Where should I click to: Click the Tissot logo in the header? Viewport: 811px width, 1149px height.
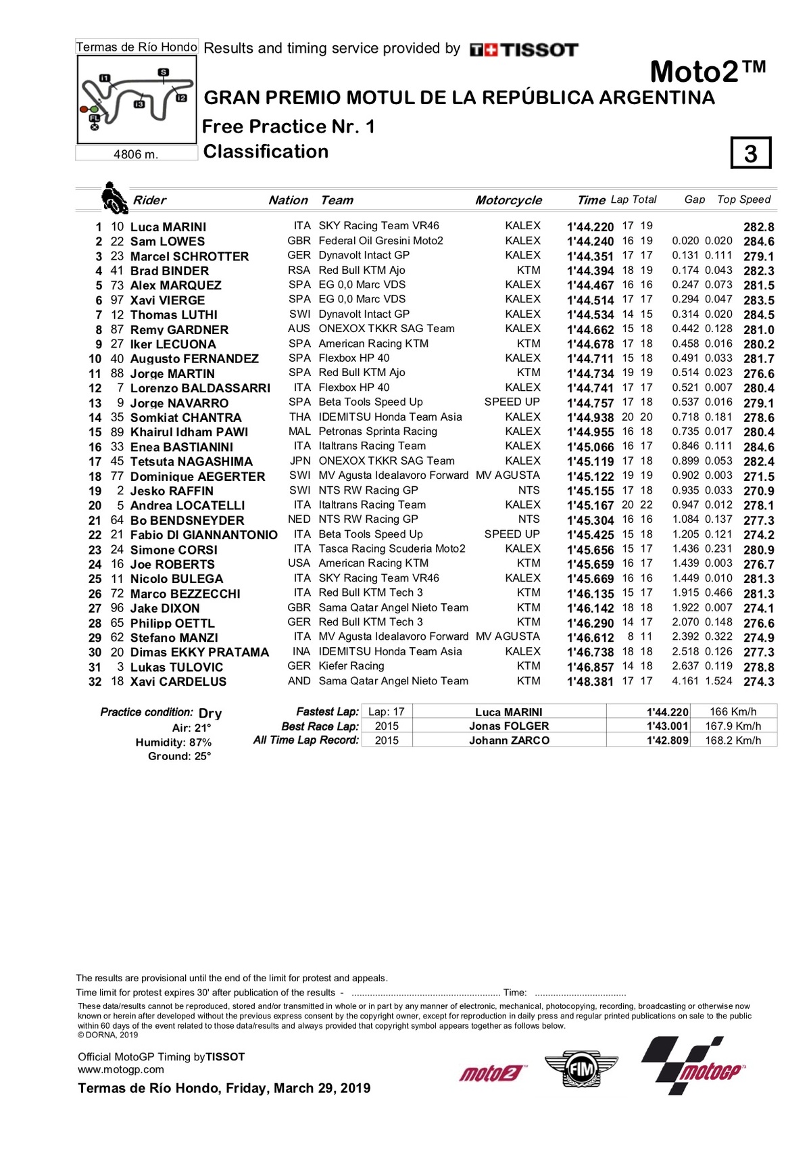click(x=524, y=49)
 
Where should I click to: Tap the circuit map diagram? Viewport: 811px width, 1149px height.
click(x=136, y=99)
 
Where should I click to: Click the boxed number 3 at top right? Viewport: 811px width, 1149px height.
click(x=751, y=153)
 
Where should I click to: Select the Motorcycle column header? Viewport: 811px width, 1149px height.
click(x=508, y=200)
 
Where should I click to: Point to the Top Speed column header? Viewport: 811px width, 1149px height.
click(x=743, y=200)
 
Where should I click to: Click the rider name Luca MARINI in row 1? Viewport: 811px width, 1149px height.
click(x=168, y=227)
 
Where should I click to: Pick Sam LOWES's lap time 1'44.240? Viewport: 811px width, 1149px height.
click(x=590, y=241)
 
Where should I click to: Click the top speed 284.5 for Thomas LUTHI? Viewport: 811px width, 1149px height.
click(x=759, y=315)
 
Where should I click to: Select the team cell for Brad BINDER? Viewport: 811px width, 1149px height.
click(x=362, y=271)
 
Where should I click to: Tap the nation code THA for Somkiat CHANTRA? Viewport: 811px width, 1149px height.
click(x=300, y=417)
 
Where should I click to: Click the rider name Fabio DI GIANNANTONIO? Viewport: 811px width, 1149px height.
click(x=203, y=535)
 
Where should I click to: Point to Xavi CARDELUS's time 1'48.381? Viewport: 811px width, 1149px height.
click(x=590, y=682)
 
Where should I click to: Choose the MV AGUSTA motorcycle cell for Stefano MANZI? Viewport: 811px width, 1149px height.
click(x=508, y=636)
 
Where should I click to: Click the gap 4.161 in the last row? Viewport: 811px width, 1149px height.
click(x=685, y=681)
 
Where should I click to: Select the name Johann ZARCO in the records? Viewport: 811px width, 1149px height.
click(x=509, y=741)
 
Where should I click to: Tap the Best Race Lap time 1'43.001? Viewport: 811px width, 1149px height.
click(x=667, y=726)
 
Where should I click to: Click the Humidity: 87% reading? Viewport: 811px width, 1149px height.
click(x=174, y=743)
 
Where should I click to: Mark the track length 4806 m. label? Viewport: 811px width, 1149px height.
click(x=136, y=154)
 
